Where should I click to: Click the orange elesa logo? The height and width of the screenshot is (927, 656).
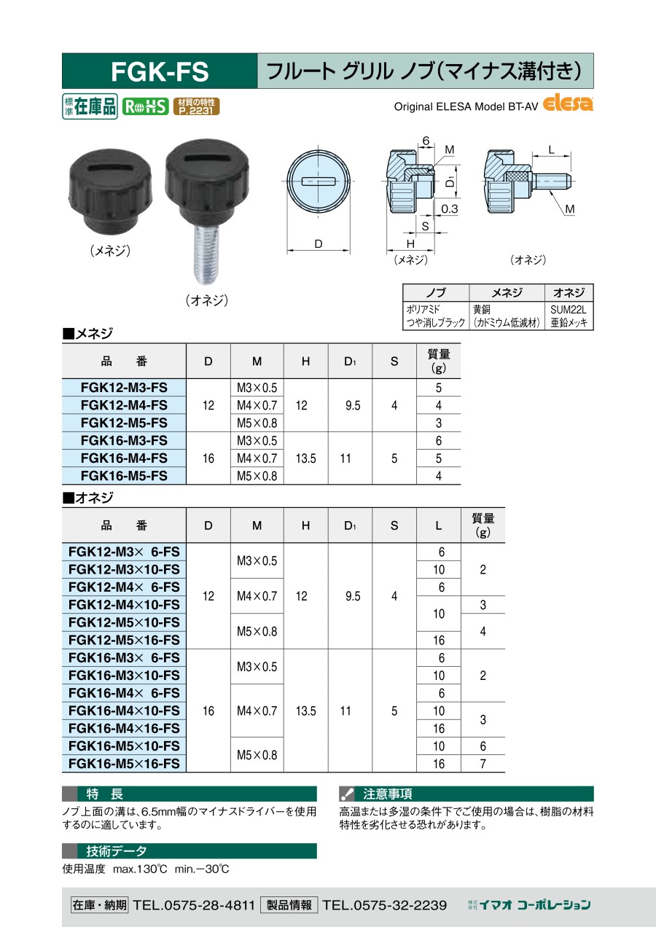568,103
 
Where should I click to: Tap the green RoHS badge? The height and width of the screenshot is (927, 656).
145,106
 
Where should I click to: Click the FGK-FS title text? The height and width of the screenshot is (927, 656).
160,71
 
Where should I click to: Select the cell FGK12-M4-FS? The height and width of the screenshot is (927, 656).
124,405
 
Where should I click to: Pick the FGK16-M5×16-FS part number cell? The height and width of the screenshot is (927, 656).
124,764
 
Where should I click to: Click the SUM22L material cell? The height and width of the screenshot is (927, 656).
569,309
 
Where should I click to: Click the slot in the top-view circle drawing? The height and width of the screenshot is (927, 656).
319,181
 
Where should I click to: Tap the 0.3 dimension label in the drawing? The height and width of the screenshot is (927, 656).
450,209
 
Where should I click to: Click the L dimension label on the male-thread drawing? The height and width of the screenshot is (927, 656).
551,150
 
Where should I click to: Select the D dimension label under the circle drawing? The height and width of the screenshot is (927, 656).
319,244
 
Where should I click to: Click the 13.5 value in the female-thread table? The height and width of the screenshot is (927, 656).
306,458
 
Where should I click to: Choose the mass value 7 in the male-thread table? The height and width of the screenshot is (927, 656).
483,764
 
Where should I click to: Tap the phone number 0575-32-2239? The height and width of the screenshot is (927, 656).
385,905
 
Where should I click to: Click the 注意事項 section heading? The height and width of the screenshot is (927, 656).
387,794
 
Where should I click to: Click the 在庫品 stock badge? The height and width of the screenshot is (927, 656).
90,106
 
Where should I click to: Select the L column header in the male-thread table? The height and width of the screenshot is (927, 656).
439,525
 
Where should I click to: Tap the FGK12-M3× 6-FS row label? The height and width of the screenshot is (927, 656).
124,552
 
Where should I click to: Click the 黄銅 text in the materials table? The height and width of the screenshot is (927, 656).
481,309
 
